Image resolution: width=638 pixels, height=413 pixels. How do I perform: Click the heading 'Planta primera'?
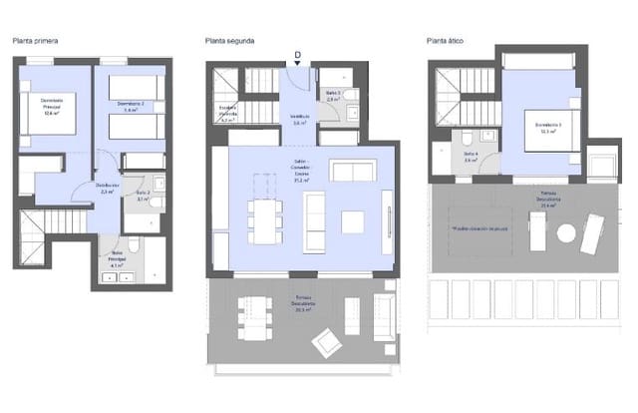34,41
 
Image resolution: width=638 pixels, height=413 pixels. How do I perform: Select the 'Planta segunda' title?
229,41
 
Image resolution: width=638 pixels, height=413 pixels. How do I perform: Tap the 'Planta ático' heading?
445,41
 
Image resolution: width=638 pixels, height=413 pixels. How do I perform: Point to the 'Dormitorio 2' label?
131,106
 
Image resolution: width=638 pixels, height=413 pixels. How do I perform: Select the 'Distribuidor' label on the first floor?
108,187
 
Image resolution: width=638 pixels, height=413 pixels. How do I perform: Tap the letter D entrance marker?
297,55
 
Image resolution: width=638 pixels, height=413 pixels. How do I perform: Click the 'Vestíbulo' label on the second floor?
300,119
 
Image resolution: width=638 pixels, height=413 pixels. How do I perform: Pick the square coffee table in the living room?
353,221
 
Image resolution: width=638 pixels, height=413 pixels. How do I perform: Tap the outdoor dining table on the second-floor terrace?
254,318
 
